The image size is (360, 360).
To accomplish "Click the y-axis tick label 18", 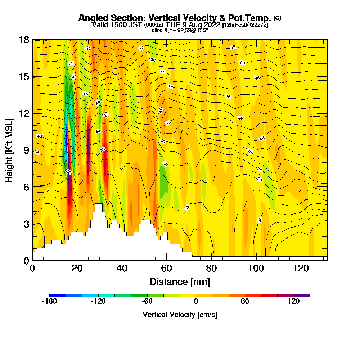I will [x=24, y=40].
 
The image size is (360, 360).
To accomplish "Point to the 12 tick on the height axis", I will [x=24, y=113].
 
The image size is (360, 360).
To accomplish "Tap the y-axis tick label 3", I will [x=26, y=224].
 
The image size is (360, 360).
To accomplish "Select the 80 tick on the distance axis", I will [x=211, y=268].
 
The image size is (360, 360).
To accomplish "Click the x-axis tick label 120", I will [x=301, y=268].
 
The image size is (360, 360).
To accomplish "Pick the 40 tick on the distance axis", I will [x=122, y=268].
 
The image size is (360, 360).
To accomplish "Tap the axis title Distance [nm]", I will [x=180, y=282].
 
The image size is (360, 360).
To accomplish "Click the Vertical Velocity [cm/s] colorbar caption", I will [x=180, y=315].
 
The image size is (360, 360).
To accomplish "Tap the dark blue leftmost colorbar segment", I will [x=57, y=295].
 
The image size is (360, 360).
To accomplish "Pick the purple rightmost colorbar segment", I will [x=302, y=295].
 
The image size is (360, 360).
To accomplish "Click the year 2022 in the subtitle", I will [x=212, y=25].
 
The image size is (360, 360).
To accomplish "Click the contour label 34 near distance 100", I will [x=260, y=220].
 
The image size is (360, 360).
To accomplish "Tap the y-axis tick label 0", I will [x=26, y=261].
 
